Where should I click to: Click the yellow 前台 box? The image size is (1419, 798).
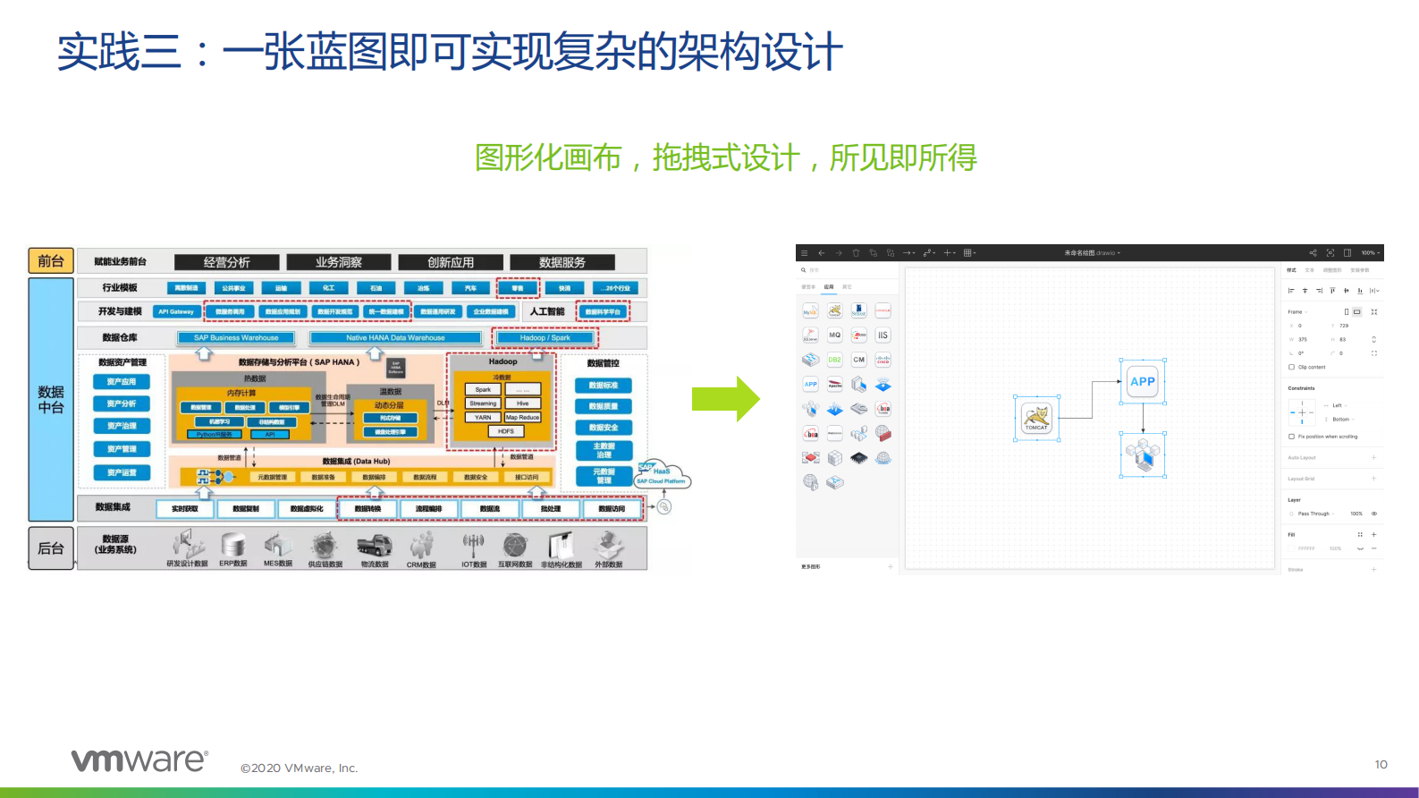click(51, 260)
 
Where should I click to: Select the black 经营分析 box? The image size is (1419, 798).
click(227, 262)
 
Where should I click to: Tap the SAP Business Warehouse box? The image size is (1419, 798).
click(236, 337)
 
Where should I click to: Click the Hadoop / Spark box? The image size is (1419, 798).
click(545, 337)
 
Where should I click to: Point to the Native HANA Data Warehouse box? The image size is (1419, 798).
click(395, 337)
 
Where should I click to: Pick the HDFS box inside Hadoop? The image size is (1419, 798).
click(505, 431)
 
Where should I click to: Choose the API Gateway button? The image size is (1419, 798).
click(176, 311)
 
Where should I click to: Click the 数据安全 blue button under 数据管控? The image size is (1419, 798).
click(603, 428)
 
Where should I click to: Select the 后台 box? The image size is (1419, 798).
click(51, 548)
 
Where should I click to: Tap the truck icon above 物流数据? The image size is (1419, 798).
click(374, 546)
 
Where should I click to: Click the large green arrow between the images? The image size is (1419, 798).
click(725, 399)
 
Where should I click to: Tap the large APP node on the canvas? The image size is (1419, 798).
click(1143, 382)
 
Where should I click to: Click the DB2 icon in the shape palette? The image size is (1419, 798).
click(834, 360)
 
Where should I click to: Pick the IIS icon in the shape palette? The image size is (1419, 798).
click(883, 335)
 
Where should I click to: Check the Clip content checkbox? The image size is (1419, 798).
click(1291, 367)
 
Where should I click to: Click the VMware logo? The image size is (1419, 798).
click(139, 760)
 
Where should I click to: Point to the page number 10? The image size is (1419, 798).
click(1381, 764)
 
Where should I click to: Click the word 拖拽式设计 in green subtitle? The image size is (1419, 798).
click(725, 158)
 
